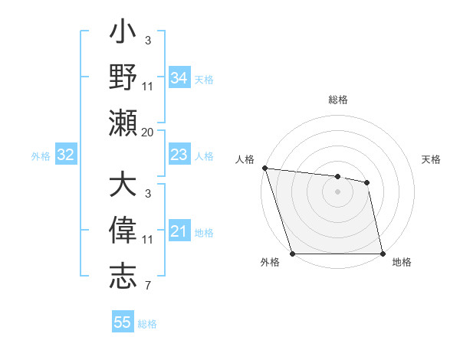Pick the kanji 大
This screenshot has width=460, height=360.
123,187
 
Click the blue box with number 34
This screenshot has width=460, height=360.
179,78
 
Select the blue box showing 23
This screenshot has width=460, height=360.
179,155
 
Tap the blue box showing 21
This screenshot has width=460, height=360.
179,231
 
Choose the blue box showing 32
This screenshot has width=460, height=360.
65,155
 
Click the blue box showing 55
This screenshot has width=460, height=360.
123,322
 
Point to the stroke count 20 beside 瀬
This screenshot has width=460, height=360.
147,133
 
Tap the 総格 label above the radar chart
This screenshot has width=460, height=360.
338,100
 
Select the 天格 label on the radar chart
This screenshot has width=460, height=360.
432,159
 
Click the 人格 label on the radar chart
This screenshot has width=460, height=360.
245,159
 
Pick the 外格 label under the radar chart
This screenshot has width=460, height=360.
269,263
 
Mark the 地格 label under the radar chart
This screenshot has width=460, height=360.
402,263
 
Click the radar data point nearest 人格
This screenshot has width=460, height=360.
264,168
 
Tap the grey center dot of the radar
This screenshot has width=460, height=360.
337,191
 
